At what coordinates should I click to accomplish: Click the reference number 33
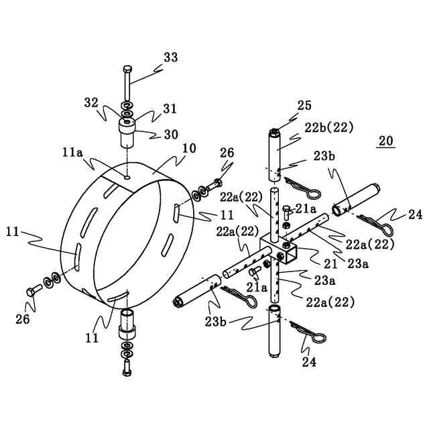pos(170,58)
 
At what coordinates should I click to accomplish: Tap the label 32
pos(91,103)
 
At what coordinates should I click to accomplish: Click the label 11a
pos(72,153)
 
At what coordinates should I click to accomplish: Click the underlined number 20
pos(385,141)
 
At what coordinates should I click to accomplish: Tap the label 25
pos(304,105)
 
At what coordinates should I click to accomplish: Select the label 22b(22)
pos(329,127)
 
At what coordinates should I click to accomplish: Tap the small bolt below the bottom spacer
pos(127,367)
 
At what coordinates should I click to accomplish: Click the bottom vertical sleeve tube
pos(275,332)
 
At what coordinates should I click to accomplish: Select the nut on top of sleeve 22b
pos(275,131)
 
